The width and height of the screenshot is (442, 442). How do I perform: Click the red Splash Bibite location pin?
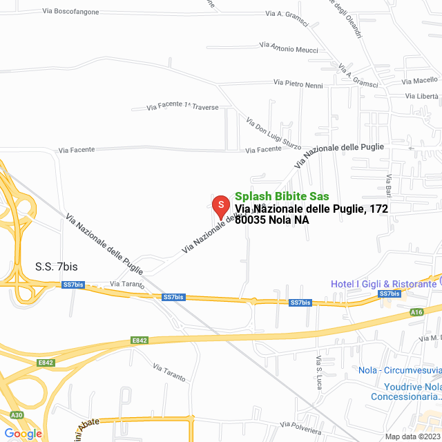220,206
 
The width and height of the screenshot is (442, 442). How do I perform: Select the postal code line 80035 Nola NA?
271,220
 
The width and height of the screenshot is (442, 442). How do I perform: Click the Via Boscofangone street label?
70,12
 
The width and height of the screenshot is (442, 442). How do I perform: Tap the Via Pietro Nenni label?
298,84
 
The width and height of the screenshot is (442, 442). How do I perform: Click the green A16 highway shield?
416,312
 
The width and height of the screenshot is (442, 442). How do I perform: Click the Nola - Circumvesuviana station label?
400,370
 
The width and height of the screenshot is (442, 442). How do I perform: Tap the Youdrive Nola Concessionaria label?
405,392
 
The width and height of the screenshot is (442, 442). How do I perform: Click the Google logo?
23,433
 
